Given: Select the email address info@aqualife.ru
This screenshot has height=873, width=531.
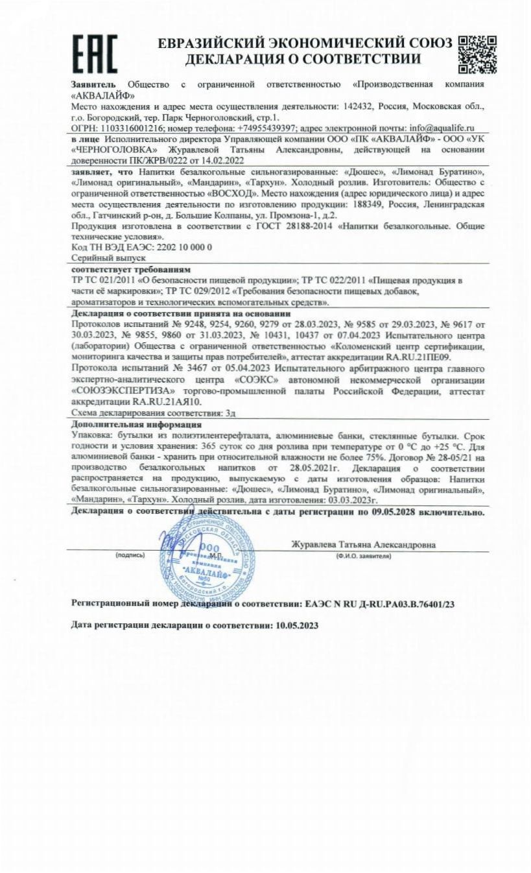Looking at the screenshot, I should [433, 128].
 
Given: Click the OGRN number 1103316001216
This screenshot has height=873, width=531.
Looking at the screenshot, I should [130, 128].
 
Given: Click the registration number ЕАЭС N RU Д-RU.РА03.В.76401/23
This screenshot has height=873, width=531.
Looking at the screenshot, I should [379, 604].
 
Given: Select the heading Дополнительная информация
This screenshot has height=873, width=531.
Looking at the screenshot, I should [126, 424].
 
